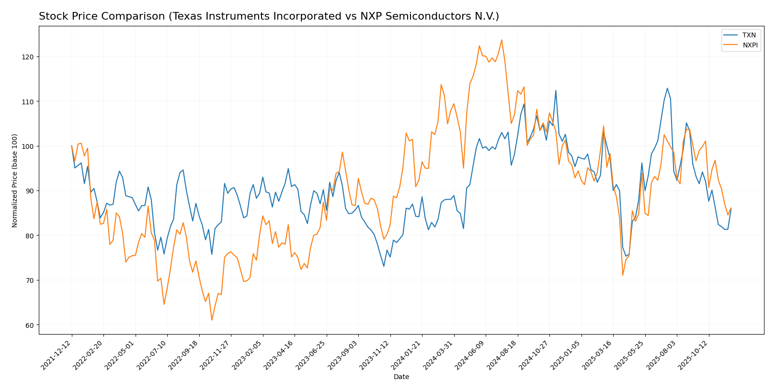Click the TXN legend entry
pos(749,35)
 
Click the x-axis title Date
pos(401,377)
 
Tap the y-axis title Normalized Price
pos(15,180)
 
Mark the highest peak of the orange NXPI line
pos(502,40)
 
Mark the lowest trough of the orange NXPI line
pos(212,320)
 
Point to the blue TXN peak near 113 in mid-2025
pos(667,88)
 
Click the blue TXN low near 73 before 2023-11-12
pos(384,266)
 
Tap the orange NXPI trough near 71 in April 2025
pos(623,275)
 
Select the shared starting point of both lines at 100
pos(72,146)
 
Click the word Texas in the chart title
pos(186,17)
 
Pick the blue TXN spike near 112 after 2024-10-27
pos(556,90)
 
